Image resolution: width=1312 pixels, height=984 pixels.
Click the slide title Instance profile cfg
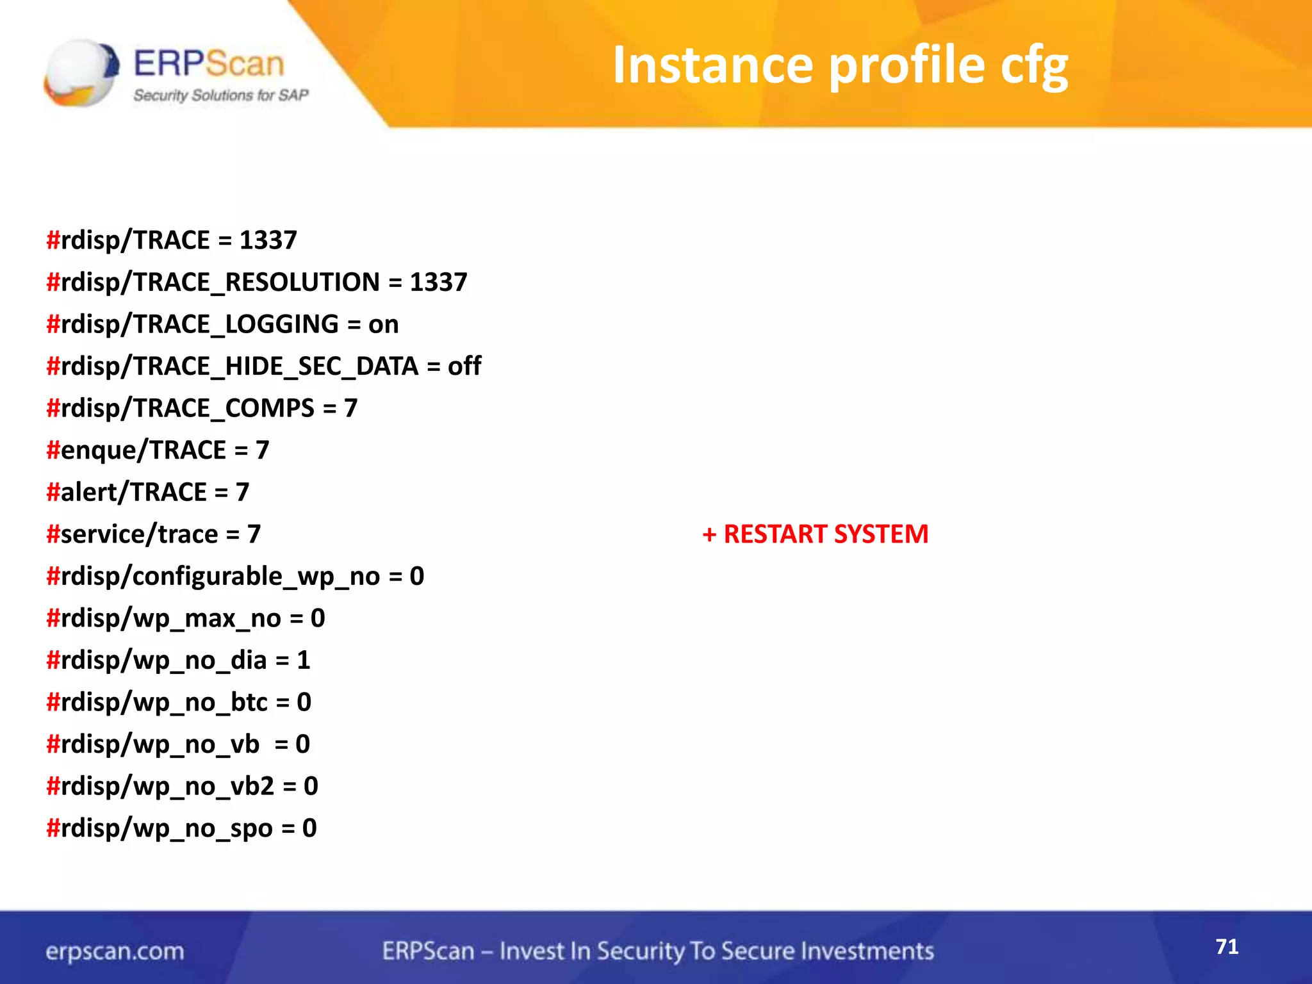[840, 66]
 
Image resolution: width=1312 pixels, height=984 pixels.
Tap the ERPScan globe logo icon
[81, 72]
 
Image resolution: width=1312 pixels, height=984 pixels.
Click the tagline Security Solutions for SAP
[220, 95]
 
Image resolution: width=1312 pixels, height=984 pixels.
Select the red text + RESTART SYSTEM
[815, 534]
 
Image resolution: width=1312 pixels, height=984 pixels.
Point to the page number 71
[1227, 947]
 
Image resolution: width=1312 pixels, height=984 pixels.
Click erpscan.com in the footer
[115, 951]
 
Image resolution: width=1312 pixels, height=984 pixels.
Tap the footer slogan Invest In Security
[657, 951]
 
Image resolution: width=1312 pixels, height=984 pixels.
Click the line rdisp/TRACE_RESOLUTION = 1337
[257, 283]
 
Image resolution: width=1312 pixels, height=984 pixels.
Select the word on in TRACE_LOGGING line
[383, 325]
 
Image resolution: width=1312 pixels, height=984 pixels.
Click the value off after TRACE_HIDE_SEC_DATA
[464, 366]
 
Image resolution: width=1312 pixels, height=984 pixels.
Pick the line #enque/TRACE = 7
[158, 450]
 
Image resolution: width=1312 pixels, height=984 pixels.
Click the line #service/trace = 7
[153, 534]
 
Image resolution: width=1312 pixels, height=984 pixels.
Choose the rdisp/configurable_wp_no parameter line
[234, 577]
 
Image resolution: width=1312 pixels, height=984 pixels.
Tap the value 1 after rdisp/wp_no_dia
[304, 660]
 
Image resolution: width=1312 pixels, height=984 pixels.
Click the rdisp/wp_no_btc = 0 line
[179, 703]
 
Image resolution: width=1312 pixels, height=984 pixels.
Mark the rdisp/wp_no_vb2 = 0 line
[182, 787]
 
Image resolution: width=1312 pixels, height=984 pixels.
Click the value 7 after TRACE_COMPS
[350, 409]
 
